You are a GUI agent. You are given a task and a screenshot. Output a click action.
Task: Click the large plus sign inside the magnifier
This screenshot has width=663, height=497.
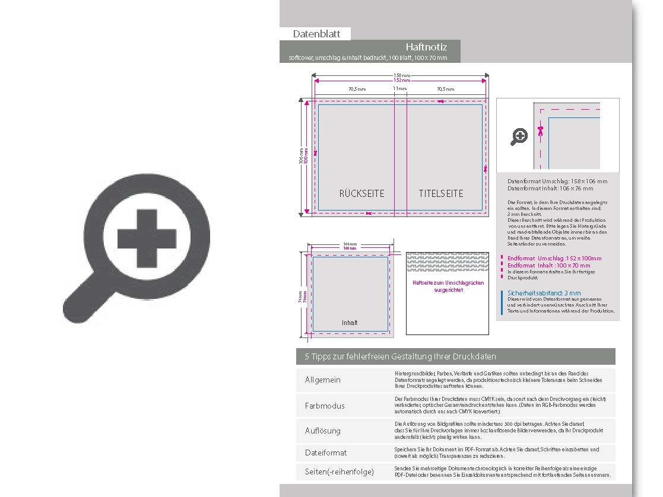(147, 238)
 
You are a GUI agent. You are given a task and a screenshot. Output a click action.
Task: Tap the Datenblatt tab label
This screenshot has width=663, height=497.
(316, 34)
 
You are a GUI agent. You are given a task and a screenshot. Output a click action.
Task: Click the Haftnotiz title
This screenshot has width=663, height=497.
(426, 47)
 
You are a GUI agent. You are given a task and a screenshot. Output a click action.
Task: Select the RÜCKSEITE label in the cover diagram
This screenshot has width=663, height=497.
(361, 193)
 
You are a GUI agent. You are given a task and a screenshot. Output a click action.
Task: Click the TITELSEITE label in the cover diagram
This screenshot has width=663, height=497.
(441, 193)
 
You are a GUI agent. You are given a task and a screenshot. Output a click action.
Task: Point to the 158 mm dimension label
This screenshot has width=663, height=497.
(401, 76)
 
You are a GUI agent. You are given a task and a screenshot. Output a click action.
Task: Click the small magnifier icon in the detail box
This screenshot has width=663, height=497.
(519, 136)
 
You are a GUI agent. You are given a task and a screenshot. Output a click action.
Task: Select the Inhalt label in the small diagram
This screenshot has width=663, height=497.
(350, 323)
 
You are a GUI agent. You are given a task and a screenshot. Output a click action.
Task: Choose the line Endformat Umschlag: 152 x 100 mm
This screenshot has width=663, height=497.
(554, 259)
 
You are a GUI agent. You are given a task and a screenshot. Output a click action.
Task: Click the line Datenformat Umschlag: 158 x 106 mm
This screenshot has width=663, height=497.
(557, 181)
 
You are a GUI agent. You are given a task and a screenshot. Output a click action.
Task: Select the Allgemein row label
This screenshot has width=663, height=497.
(323, 380)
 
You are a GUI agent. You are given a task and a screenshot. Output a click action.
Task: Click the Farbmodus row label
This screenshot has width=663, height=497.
(325, 406)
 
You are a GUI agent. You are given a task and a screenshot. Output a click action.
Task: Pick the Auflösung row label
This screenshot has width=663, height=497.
(323, 431)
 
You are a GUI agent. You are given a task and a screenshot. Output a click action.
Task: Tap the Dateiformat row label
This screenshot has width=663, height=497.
(326, 453)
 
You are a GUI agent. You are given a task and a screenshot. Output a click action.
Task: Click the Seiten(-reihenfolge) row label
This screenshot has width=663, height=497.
(340, 471)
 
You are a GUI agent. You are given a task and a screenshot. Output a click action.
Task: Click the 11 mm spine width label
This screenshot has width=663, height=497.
(400, 88)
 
